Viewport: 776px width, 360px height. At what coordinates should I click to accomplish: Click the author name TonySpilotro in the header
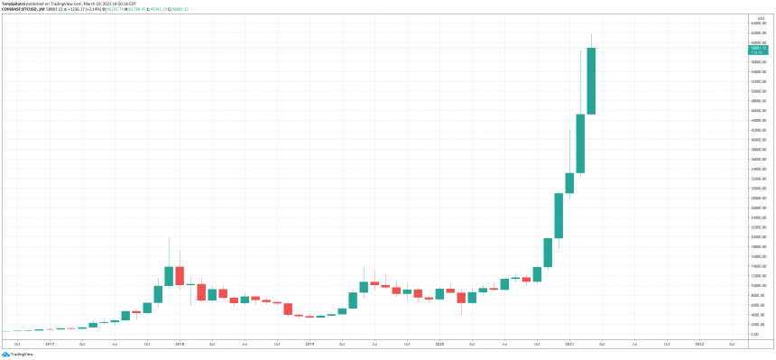tap(13, 4)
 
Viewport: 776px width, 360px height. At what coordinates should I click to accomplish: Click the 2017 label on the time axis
tap(49, 344)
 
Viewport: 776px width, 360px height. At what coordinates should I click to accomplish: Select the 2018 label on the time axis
tap(180, 344)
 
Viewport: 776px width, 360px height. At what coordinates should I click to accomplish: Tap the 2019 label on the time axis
tap(309, 344)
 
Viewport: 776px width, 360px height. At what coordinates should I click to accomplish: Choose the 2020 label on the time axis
tap(439, 344)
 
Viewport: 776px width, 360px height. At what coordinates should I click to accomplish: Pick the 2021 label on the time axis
tap(569, 344)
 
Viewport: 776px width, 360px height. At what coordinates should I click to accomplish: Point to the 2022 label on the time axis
tap(700, 344)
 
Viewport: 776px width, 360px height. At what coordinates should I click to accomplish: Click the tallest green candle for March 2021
tap(591, 81)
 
